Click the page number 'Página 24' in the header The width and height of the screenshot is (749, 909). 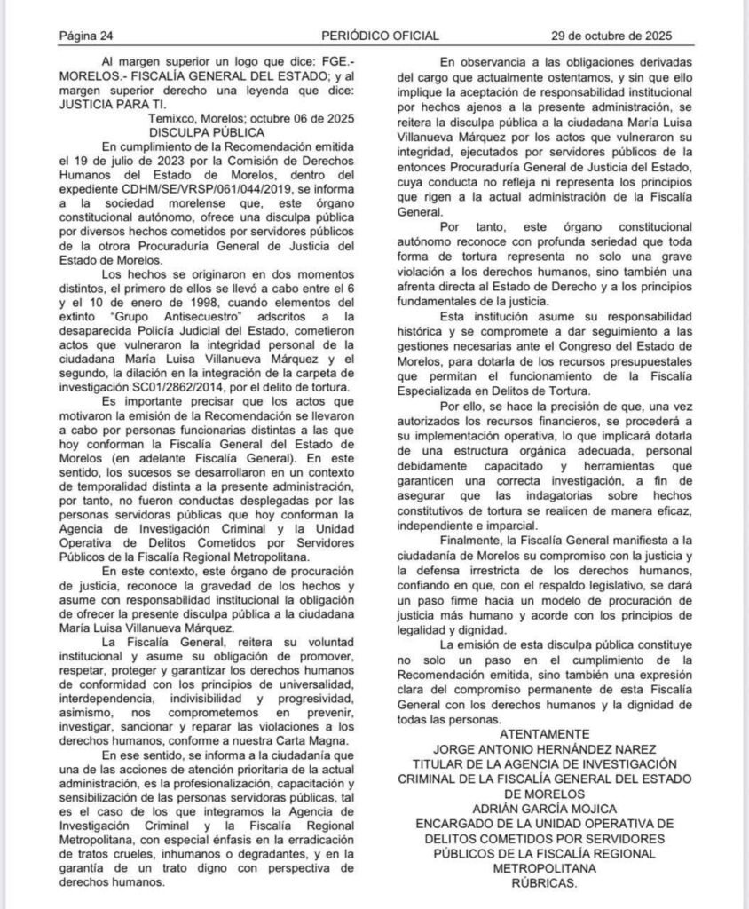[85, 36]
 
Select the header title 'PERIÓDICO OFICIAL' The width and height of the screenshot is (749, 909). [380, 36]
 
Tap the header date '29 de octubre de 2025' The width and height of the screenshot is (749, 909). [611, 36]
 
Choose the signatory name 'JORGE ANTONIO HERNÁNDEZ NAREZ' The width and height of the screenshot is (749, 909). [544, 748]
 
